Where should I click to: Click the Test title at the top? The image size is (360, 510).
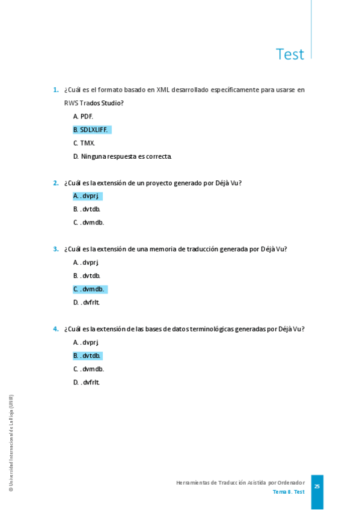290,54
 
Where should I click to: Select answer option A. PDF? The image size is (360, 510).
83,116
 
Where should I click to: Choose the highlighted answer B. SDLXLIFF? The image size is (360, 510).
91,129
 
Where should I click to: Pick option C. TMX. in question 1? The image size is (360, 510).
84,143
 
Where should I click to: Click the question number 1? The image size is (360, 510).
55,90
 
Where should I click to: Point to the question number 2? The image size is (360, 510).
55,183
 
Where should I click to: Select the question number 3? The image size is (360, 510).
55,249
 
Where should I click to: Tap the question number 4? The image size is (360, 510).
55,329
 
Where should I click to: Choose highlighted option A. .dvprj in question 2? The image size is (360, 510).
87,196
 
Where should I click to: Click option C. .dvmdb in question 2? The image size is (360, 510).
89,223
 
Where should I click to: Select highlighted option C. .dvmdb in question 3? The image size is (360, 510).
89,289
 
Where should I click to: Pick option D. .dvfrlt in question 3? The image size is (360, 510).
87,303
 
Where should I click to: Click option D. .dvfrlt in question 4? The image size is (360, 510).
87,382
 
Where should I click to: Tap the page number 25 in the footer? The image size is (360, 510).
317,487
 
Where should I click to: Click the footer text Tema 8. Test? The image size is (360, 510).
288,492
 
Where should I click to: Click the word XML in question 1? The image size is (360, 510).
163,90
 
